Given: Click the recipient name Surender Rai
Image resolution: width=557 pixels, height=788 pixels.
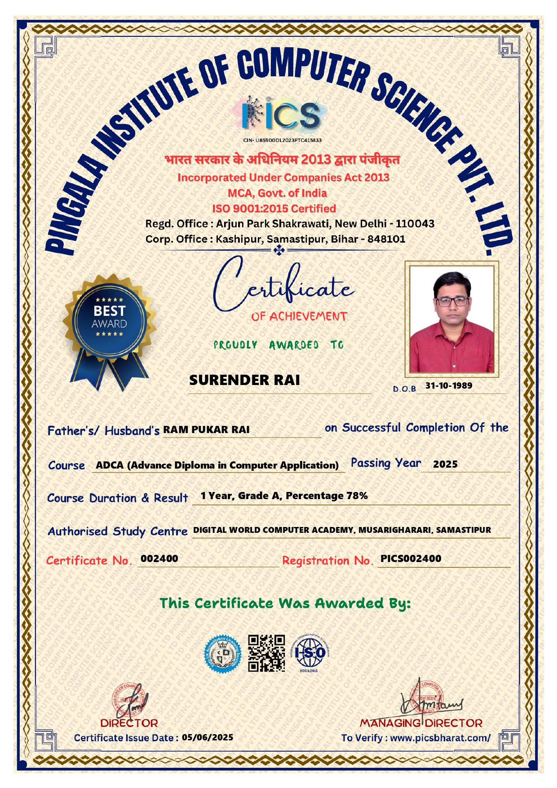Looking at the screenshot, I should (244, 380).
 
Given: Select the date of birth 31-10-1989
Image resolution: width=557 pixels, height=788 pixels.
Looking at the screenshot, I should (449, 385).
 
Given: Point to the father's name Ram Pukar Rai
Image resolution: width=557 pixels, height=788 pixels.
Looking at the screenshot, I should (206, 429).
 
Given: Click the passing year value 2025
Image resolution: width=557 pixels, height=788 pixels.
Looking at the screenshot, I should (445, 464).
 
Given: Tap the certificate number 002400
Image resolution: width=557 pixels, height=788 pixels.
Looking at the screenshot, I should (159, 558).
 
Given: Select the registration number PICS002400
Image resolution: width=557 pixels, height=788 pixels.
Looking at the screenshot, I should (411, 558).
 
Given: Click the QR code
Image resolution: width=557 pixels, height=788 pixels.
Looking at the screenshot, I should (266, 653).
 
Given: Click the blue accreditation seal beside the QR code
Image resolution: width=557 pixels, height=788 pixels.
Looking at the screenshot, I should (223, 654).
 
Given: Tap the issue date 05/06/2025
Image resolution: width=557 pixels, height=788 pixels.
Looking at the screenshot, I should (208, 737).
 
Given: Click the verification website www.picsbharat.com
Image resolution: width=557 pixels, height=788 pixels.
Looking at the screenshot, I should (440, 738).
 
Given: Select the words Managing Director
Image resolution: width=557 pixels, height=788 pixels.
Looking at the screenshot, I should (421, 723).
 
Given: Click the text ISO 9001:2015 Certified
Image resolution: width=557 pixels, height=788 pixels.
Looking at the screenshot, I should (274, 208).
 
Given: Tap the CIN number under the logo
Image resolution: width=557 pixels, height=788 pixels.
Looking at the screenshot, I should (283, 140).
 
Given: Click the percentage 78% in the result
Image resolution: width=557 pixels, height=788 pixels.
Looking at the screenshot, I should (357, 496).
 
